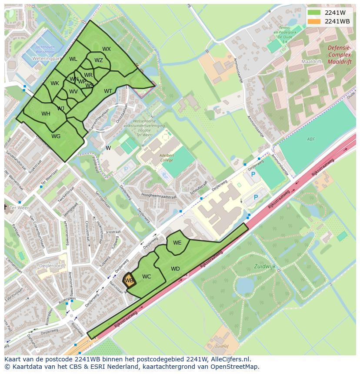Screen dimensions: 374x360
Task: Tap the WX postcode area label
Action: pyautogui.click(x=107, y=49)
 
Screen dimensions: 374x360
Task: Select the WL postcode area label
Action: pyautogui.click(x=73, y=59)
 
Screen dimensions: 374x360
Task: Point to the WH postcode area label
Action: pyautogui.click(x=46, y=114)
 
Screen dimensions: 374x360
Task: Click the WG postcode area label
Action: pyautogui.click(x=56, y=136)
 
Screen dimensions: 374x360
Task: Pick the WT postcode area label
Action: pyautogui.click(x=108, y=91)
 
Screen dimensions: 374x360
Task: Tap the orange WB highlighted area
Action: pyautogui.click(x=129, y=280)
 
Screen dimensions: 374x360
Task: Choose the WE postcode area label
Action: pyautogui.click(x=177, y=243)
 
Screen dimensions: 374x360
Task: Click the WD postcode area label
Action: pyautogui.click(x=175, y=269)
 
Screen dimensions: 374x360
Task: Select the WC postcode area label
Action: pyautogui.click(x=147, y=277)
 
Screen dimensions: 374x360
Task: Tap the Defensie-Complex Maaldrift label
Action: pyautogui.click(x=340, y=55)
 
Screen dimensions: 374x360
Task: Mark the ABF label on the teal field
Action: pyautogui.click(x=310, y=139)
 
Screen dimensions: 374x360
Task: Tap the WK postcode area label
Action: pyautogui.click(x=54, y=83)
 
